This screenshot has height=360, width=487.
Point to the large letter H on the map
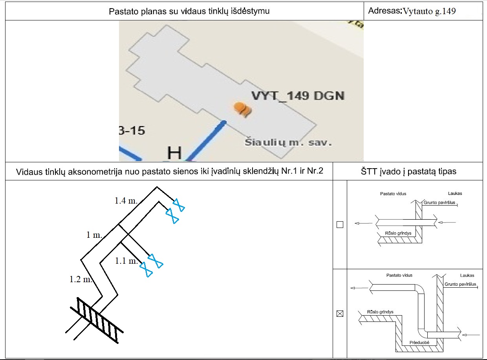(x=174, y=153)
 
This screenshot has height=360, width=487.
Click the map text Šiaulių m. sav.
(x=288, y=142)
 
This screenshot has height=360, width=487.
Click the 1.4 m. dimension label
(x=126, y=201)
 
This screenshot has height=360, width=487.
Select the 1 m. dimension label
(x=94, y=235)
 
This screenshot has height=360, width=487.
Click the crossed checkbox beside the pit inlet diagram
(x=340, y=314)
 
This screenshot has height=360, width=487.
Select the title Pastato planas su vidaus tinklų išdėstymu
(x=189, y=11)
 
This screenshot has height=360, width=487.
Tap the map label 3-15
(x=132, y=130)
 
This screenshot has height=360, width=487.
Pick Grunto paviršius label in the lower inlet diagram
(x=461, y=284)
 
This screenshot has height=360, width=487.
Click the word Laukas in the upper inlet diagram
(x=455, y=193)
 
